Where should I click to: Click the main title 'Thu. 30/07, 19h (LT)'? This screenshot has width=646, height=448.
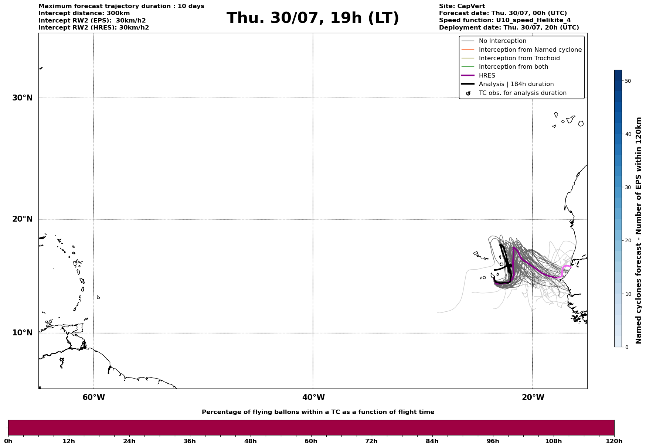pyautogui.click(x=313, y=18)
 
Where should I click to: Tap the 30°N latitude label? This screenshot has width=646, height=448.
pyautogui.click(x=23, y=98)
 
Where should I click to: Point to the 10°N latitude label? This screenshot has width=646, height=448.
pyautogui.click(x=23, y=333)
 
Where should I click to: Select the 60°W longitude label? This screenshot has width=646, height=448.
pyautogui.click(x=93, y=397)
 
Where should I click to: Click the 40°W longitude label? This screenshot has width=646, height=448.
pyautogui.click(x=313, y=397)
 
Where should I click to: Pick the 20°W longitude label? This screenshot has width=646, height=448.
pyautogui.click(x=533, y=397)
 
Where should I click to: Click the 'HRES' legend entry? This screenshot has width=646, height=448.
pyautogui.click(x=487, y=76)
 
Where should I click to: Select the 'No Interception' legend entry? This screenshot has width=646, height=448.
pyautogui.click(x=503, y=41)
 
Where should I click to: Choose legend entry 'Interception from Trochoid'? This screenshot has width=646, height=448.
pyautogui.click(x=519, y=58)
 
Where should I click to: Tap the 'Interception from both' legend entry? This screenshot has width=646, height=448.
pyautogui.click(x=514, y=67)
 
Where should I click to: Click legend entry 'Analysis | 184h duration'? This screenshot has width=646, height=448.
pyautogui.click(x=516, y=84)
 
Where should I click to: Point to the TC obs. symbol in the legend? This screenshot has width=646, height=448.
pyautogui.click(x=468, y=93)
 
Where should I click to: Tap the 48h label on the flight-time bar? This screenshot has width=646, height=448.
pyautogui.click(x=250, y=441)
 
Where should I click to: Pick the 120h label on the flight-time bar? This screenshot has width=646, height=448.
pyautogui.click(x=614, y=441)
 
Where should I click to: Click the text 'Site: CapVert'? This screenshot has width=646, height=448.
pyautogui.click(x=462, y=6)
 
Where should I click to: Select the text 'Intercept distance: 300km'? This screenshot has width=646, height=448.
pyautogui.click(x=84, y=13)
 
